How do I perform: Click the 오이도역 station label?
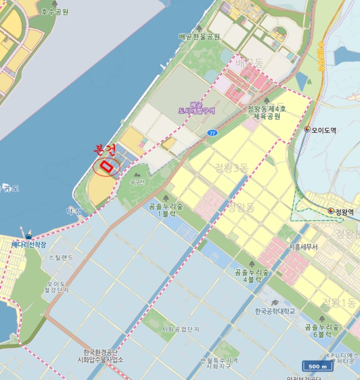pyautogui.click(x=324, y=129)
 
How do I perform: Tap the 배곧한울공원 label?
pyautogui.click(x=199, y=37)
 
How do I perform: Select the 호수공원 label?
pyautogui.click(x=56, y=11)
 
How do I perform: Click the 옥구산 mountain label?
pyautogui.click(x=138, y=182)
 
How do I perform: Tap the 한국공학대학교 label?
pyautogui.click(x=275, y=311)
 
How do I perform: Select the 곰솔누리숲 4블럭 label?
pyautogui.click(x=252, y=275)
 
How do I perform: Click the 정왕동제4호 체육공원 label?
pyautogui.click(x=263, y=112)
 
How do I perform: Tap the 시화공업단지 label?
pyautogui.click(x=181, y=330)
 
